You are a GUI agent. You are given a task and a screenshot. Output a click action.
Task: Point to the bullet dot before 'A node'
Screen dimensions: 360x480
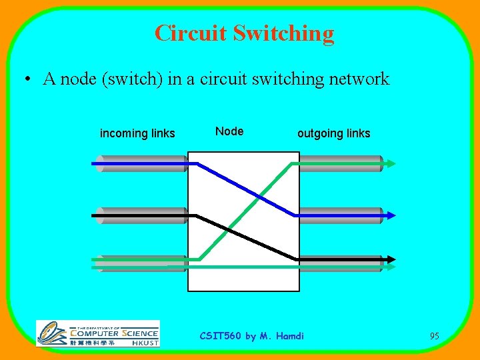tap(25, 80)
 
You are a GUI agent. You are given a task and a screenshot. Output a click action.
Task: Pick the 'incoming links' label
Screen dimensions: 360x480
tap(137, 133)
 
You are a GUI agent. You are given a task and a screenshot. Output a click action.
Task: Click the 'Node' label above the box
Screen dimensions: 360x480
tap(229, 131)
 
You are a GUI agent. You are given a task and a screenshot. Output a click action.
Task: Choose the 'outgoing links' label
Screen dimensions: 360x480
tap(333, 133)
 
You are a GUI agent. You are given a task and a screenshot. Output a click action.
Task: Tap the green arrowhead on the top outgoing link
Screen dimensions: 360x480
tap(391, 163)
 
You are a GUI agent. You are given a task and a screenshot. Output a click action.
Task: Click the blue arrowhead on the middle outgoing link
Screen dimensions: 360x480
tap(391, 215)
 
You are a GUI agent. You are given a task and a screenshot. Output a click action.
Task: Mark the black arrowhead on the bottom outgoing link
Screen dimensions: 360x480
tap(391, 259)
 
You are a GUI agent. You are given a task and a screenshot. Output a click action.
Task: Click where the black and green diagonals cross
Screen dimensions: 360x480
tap(228, 229)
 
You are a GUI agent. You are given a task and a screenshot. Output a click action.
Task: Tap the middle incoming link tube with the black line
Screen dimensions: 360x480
tap(140, 215)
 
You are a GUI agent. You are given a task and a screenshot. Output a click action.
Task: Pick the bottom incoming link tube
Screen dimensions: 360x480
tap(140, 263)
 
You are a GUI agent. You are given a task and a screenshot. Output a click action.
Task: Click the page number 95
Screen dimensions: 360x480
tap(434, 336)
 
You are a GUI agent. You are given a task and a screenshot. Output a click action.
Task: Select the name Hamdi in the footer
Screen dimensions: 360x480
tap(290, 336)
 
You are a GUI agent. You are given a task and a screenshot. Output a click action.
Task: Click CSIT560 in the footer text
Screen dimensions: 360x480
tap(221, 336)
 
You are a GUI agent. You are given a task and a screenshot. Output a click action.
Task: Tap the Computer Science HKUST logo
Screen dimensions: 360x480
tap(98, 333)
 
